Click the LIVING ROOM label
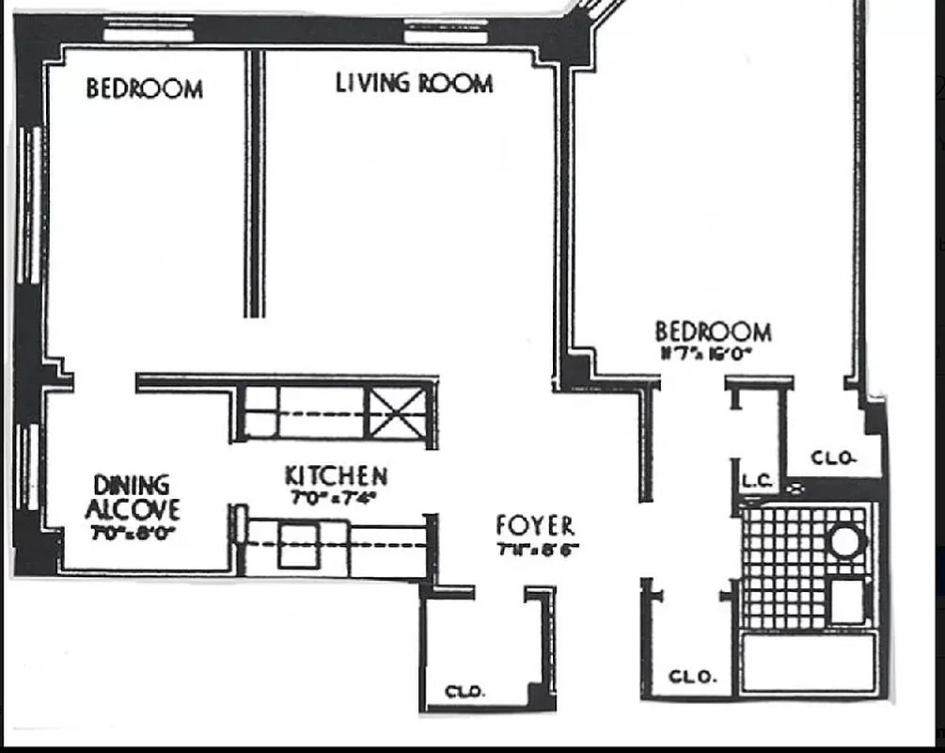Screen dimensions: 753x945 pyautogui.click(x=414, y=83)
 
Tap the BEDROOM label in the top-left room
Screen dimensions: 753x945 pyautogui.click(x=144, y=89)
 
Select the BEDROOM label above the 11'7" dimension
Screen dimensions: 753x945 pyautogui.click(x=713, y=331)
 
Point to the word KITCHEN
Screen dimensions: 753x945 pyautogui.click(x=336, y=475)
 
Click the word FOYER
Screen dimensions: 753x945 pyautogui.click(x=535, y=526)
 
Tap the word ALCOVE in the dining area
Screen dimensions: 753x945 pyautogui.click(x=132, y=511)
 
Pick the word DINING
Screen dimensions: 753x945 pyautogui.click(x=132, y=486)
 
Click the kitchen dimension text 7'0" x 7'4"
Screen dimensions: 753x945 pyautogui.click(x=334, y=499)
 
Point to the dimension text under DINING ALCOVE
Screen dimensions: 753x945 pyautogui.click(x=132, y=532)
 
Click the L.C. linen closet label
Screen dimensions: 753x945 pyautogui.click(x=757, y=481)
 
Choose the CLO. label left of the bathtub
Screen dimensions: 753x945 pyautogui.click(x=693, y=677)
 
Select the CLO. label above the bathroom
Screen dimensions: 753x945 pyautogui.click(x=833, y=458)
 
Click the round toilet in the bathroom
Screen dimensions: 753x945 pyautogui.click(x=845, y=542)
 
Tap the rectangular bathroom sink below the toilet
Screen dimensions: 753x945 pyautogui.click(x=847, y=601)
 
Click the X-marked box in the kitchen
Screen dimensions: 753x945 pyautogui.click(x=395, y=412)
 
